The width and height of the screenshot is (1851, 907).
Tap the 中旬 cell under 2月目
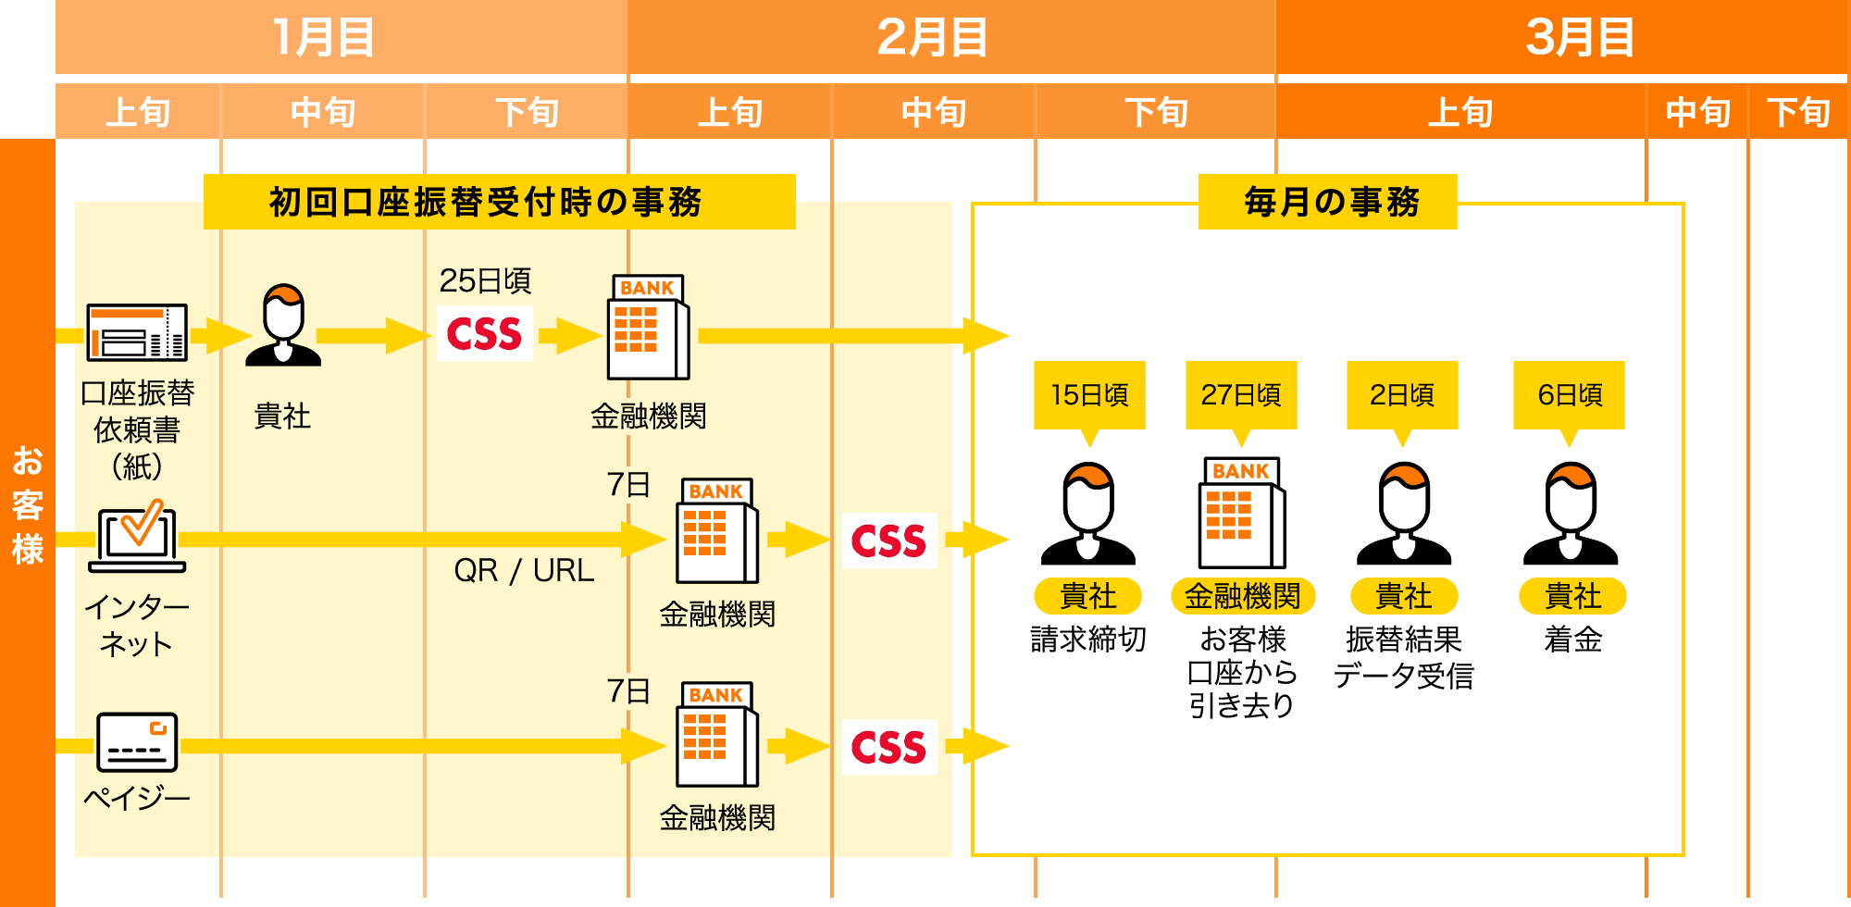tap(934, 112)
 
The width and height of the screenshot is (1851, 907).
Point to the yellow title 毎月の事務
tap(1328, 202)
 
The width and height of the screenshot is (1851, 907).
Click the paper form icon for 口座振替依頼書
tap(137, 332)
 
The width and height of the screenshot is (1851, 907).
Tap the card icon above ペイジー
tap(137, 741)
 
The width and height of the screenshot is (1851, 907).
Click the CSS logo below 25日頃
tap(485, 334)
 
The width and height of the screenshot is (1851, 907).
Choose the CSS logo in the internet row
tap(888, 540)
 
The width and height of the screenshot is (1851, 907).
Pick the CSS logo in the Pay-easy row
tap(888, 747)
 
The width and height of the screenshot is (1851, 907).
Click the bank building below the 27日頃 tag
tap(1242, 513)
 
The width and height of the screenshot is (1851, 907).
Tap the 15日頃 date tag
tap(1090, 395)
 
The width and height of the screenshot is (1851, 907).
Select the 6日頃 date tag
tap(1570, 395)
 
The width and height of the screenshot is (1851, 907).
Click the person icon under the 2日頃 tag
tap(1404, 515)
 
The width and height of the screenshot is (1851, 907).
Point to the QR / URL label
tap(524, 570)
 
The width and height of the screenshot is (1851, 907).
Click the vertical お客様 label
tap(28, 504)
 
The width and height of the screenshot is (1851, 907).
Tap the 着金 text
tap(1572, 640)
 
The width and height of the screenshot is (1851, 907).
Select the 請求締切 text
tap(1088, 640)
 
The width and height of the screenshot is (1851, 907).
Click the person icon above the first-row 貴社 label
tap(283, 325)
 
